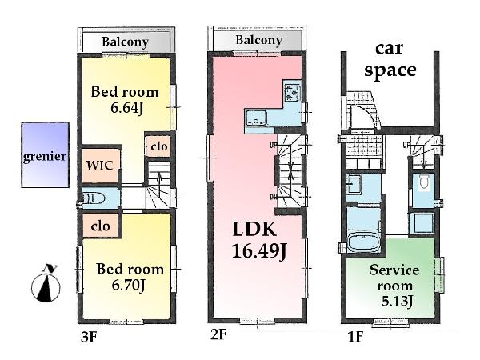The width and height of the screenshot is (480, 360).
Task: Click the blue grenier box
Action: [x=44, y=155]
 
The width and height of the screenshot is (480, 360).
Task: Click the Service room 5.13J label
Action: [x=391, y=285]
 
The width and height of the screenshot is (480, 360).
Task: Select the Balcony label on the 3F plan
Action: [x=125, y=42]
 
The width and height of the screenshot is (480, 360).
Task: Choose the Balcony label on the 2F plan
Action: [x=258, y=40]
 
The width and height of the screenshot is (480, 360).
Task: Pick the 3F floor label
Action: [x=88, y=337]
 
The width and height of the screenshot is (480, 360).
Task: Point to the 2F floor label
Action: [x=218, y=337]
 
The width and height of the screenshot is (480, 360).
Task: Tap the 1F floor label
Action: [x=355, y=337]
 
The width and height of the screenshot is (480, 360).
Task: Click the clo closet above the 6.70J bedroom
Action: [x=99, y=226]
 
